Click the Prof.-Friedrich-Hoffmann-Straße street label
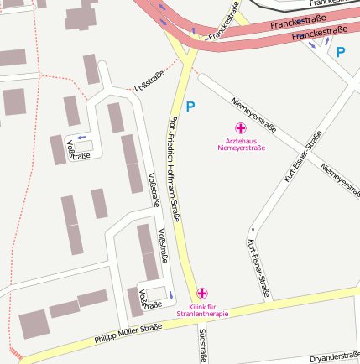click(x=175, y=168)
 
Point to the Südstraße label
click(x=203, y=345)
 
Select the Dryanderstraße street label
click(x=334, y=358)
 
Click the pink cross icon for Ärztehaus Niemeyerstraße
click(x=240, y=128)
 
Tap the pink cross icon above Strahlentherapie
click(x=201, y=293)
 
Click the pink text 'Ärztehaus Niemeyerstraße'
click(x=241, y=144)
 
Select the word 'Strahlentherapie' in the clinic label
click(x=202, y=314)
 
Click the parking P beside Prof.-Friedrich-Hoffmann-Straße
click(x=190, y=107)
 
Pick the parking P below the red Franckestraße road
click(x=340, y=52)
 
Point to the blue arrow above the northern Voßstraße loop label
click(x=81, y=137)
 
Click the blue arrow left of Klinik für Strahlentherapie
click(x=171, y=294)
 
